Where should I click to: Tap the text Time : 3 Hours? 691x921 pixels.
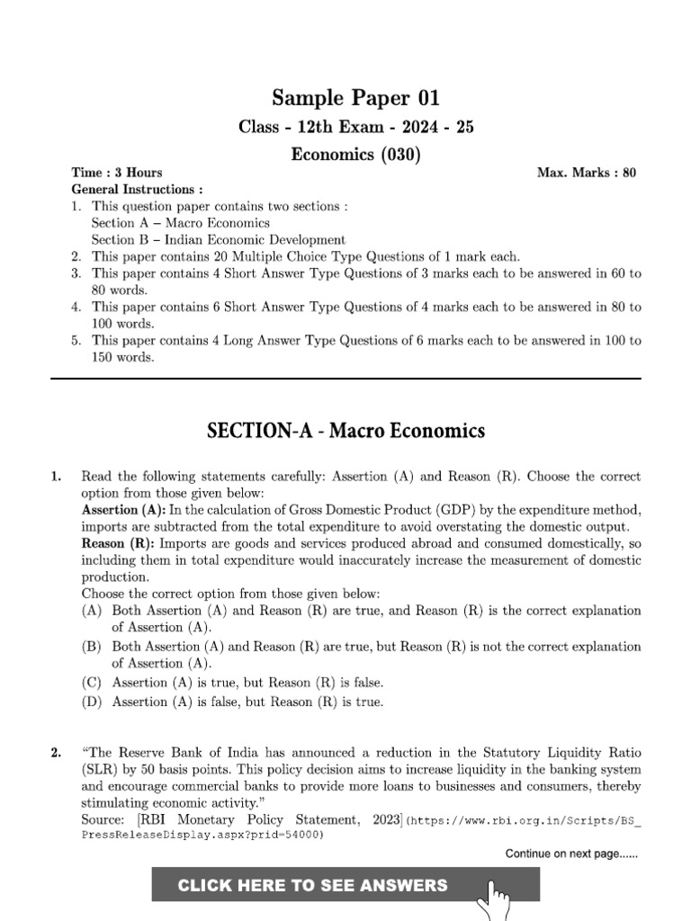[x=117, y=173]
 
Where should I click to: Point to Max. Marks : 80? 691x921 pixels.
[x=587, y=173]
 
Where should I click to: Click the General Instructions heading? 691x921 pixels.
[x=137, y=190]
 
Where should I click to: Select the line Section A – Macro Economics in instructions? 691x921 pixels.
[x=180, y=223]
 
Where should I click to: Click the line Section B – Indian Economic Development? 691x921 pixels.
[x=218, y=239]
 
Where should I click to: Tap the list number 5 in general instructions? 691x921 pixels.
[x=77, y=341]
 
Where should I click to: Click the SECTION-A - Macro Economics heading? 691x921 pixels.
[x=345, y=431]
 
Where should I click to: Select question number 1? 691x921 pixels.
[x=57, y=477]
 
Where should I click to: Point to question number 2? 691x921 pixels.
[x=57, y=752]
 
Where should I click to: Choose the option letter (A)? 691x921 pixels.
[x=91, y=611]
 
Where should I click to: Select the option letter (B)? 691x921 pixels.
[x=91, y=647]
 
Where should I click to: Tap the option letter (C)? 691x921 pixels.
[x=91, y=683]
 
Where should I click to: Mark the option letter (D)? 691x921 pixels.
[x=91, y=702]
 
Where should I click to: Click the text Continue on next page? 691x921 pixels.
[x=571, y=854]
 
